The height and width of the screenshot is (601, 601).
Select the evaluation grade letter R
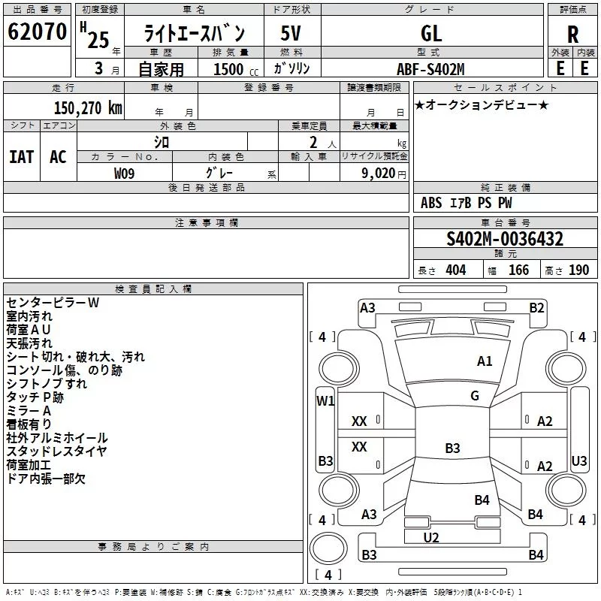click(x=572, y=34)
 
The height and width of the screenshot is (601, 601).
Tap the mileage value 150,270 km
click(x=88, y=107)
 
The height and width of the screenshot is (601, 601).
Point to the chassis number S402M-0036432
click(x=505, y=240)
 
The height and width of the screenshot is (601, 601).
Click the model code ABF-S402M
click(x=431, y=69)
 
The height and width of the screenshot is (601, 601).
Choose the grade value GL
click(x=431, y=34)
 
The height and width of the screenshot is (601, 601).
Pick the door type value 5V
click(x=291, y=34)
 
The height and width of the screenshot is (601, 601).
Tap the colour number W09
click(x=125, y=174)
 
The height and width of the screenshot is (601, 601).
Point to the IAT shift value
click(x=21, y=156)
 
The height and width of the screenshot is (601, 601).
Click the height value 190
click(x=578, y=270)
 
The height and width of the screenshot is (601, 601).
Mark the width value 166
click(x=519, y=270)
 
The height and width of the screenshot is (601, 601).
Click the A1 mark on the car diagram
click(x=485, y=361)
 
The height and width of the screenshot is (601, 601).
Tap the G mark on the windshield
click(x=475, y=396)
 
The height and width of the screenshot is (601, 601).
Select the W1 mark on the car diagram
click(x=325, y=400)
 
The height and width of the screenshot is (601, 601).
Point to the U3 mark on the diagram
click(x=579, y=461)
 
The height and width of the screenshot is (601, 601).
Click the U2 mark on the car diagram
click(x=431, y=537)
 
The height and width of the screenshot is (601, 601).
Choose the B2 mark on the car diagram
click(x=536, y=307)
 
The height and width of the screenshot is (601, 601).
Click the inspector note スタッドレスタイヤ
click(x=57, y=452)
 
